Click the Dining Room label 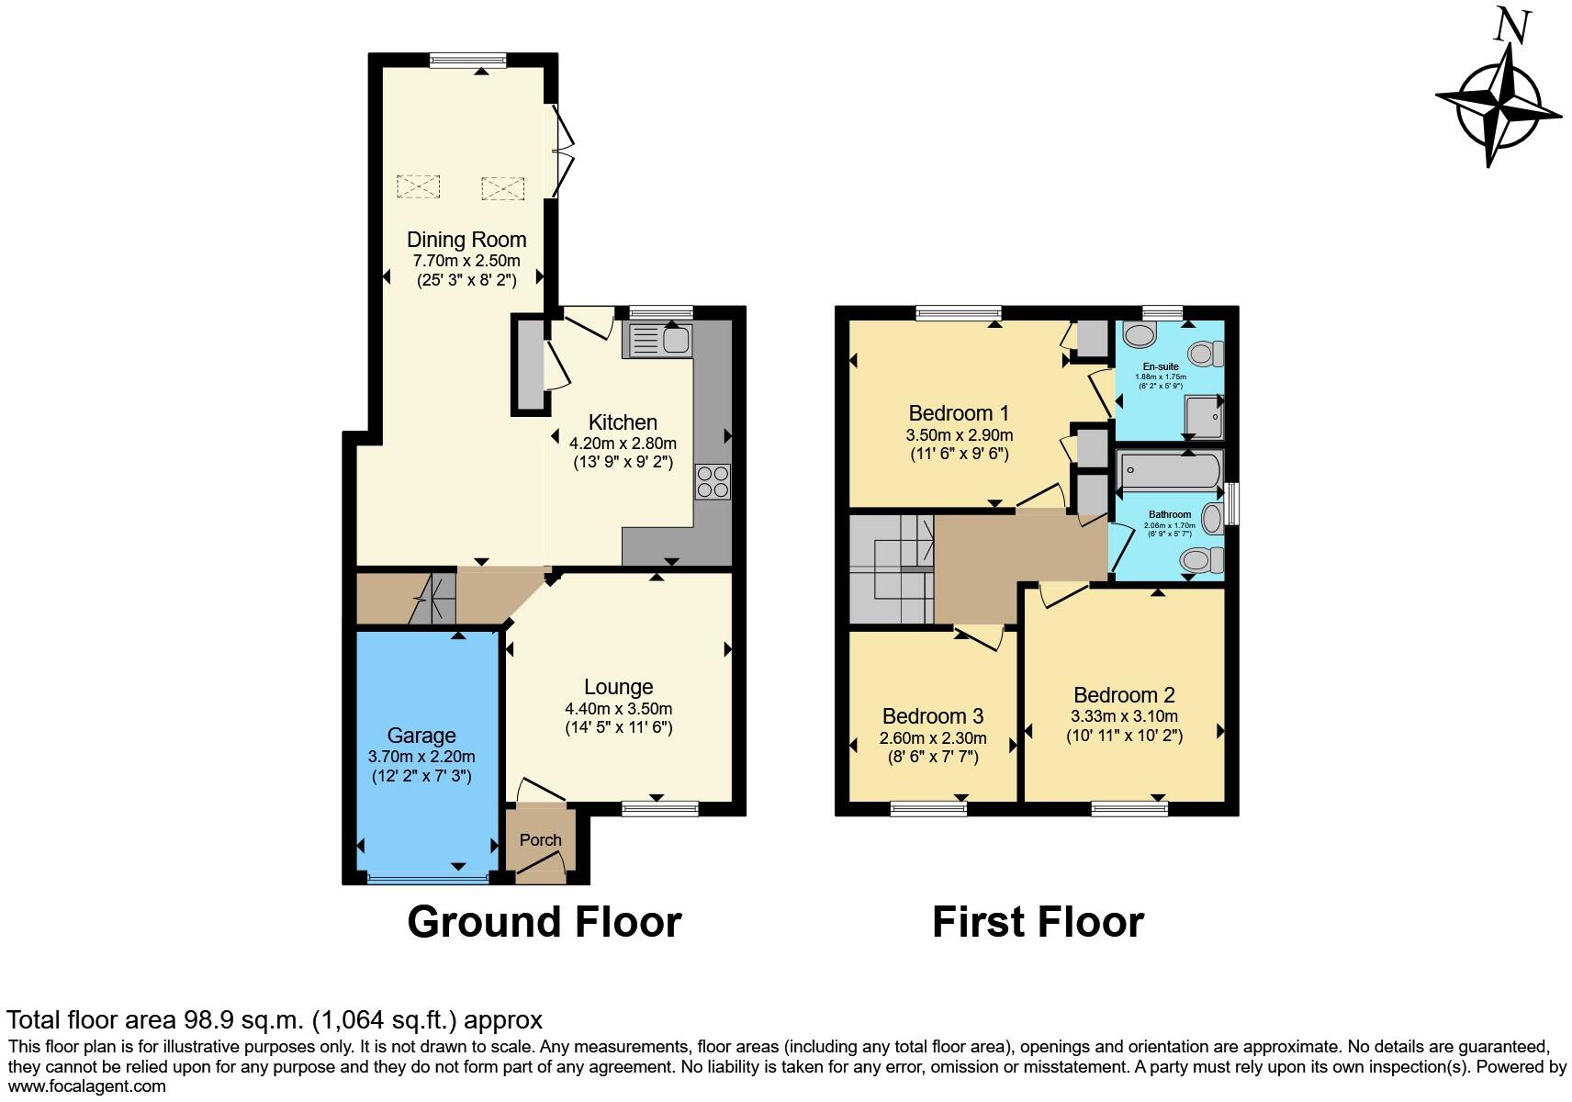coord(466,240)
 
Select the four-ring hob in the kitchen coord(713,482)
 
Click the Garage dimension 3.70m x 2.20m coord(421,757)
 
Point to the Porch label coord(540,839)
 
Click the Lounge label coord(618,687)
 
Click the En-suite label coord(1161,366)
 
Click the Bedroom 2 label coord(1124,695)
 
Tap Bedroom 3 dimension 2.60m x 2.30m coord(933,738)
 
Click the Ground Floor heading coord(544,922)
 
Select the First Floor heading coord(1038,922)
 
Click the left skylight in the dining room coord(418,186)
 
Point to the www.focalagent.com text coord(86,1085)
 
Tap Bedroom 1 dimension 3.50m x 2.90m coord(960,435)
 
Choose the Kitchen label coord(623,422)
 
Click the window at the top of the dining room coord(467,61)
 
